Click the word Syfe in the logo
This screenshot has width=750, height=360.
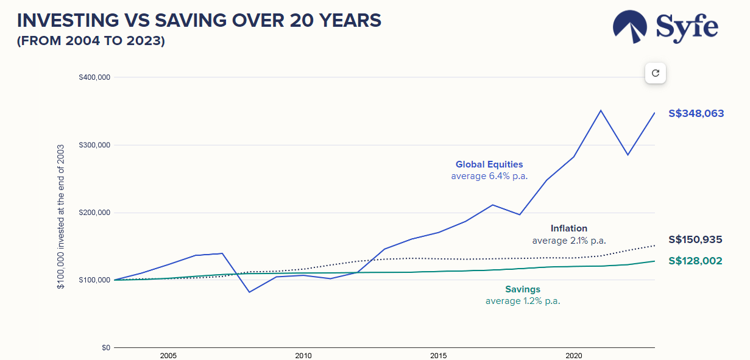[687, 27]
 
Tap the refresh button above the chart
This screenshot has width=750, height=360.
[656, 73]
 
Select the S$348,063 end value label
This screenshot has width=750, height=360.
[696, 113]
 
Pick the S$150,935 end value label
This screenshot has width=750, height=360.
[695, 240]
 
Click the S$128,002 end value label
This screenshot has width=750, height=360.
[695, 261]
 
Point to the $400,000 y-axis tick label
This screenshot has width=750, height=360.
[94, 77]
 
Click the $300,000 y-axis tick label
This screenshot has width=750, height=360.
[94, 145]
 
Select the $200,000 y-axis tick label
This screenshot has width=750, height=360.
[94, 213]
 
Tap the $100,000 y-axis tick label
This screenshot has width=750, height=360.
[94, 280]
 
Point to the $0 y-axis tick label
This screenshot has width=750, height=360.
[105, 348]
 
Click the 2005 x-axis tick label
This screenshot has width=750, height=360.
[168, 355]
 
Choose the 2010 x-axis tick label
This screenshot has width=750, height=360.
[303, 355]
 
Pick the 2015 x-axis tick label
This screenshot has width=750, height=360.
[438, 355]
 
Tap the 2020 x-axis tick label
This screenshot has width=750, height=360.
[573, 355]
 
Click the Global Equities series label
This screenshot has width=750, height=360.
[489, 164]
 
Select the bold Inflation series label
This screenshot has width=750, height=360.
[568, 228]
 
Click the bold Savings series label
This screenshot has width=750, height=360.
[522, 289]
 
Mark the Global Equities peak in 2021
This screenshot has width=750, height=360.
[601, 110]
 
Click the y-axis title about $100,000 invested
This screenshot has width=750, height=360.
[61, 217]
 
